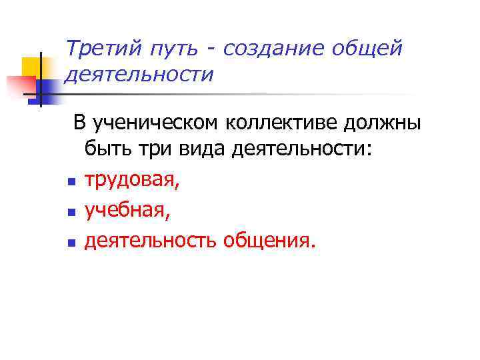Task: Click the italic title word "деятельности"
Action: pyautogui.click(x=139, y=75)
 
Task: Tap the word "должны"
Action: pyautogui.click(x=381, y=123)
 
